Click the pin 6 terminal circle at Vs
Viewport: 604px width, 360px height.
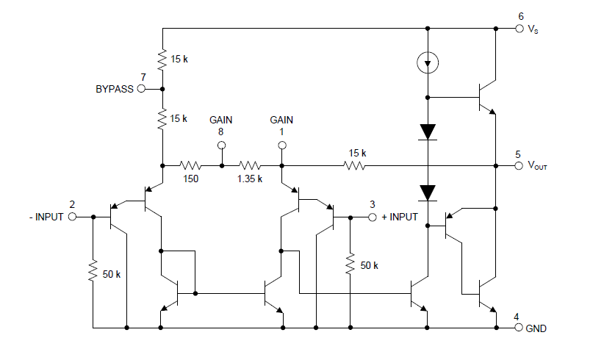pos(519,29)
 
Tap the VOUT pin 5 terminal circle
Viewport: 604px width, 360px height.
pos(519,166)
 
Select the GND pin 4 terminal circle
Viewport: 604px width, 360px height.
pos(519,328)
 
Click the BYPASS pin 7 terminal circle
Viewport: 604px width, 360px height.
pos(141,89)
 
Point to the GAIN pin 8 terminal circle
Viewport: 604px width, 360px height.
pos(220,145)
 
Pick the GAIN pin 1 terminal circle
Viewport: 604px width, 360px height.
pos(281,145)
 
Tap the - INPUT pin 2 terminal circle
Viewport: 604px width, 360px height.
pos(72,217)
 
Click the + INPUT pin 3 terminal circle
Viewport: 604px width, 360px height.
pos(372,217)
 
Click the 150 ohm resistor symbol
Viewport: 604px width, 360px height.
pos(190,166)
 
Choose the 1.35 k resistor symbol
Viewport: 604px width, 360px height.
pos(251,166)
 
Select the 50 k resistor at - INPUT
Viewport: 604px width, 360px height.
pos(93,271)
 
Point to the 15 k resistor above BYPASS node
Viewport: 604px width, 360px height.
pos(161,57)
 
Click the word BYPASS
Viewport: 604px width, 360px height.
pos(115,90)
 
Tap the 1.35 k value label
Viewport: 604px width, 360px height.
pos(250,179)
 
